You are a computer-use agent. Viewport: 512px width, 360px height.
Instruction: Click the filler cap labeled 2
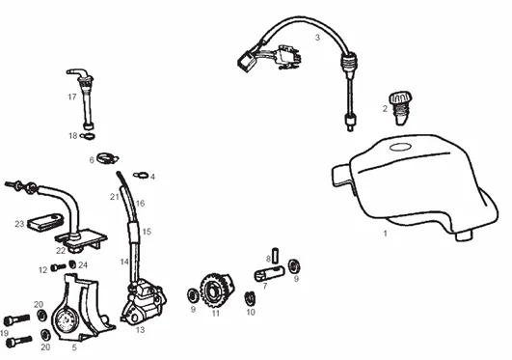point(400,108)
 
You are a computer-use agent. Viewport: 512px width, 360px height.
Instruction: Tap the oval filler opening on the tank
point(400,147)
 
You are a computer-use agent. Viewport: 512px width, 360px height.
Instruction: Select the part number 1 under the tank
point(386,234)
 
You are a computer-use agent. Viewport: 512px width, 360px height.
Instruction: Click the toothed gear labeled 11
point(217,291)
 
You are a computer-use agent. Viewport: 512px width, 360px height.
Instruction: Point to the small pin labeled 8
point(275,255)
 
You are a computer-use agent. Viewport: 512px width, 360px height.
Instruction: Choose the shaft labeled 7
point(269,273)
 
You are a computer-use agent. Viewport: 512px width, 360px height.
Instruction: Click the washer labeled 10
point(250,298)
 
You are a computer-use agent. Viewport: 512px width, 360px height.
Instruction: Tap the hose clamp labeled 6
point(107,159)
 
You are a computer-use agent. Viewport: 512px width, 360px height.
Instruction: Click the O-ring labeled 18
point(88,136)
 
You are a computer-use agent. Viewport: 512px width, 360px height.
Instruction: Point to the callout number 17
point(72,97)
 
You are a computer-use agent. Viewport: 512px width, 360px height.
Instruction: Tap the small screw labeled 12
point(59,267)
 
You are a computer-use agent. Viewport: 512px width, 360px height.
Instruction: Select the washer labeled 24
point(72,264)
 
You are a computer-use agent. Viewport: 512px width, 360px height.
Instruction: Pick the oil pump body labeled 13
point(144,301)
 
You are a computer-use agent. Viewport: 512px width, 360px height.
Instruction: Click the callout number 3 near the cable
point(317,38)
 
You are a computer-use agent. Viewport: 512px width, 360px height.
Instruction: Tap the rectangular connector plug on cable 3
point(246,63)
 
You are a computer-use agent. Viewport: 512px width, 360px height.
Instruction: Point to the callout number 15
point(147,232)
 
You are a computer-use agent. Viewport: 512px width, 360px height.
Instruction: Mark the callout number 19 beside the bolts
point(4,333)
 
